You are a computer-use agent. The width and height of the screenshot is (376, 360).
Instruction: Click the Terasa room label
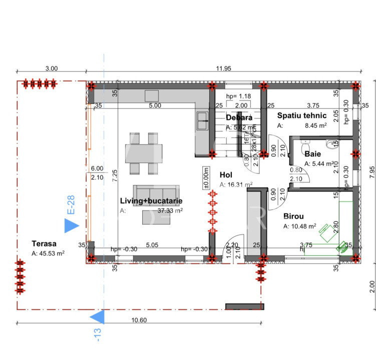pyautogui.click(x=44, y=244)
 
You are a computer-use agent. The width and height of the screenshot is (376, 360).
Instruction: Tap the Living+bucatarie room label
pyautogui.click(x=151, y=200)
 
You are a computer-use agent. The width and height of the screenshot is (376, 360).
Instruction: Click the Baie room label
pyautogui.click(x=312, y=154)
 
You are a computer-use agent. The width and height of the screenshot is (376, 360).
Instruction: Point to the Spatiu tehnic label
pyautogui.click(x=302, y=116)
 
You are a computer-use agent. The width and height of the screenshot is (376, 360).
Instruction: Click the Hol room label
pyautogui.click(x=226, y=174)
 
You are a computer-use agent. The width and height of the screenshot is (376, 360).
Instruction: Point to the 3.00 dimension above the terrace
pyautogui.click(x=52, y=68)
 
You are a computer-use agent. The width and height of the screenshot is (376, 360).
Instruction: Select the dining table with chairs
pyautogui.click(x=141, y=153)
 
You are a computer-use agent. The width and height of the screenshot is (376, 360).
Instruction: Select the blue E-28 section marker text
pyautogui.click(x=71, y=205)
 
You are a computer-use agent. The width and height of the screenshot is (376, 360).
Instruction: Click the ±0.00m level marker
pyautogui.click(x=206, y=177)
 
